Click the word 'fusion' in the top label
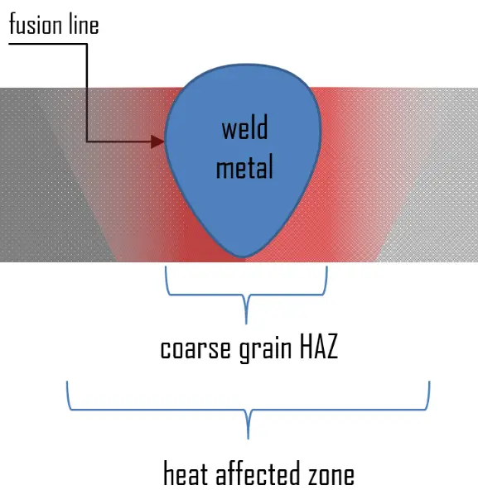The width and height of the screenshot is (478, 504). click(x=36, y=24)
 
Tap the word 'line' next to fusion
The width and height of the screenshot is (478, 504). click(x=84, y=24)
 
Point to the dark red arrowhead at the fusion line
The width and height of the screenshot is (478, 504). click(x=157, y=142)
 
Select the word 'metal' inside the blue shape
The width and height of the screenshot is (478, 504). click(x=244, y=166)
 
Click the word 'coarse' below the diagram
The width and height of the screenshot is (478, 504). click(x=196, y=349)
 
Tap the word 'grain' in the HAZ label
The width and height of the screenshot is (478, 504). click(x=265, y=349)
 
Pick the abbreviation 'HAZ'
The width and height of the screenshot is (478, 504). click(x=319, y=347)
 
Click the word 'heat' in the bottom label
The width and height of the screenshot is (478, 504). click(x=186, y=473)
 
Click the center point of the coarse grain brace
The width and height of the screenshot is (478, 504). click(x=246, y=324)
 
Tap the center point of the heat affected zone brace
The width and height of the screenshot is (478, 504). click(x=248, y=438)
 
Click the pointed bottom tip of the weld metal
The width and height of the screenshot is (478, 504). click(x=242, y=257)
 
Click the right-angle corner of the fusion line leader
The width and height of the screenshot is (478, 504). click(x=87, y=44)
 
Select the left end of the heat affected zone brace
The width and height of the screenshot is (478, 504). click(x=67, y=382)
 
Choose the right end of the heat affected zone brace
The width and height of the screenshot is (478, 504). click(x=429, y=382)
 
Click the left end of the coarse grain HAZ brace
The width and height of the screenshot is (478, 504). click(x=166, y=266)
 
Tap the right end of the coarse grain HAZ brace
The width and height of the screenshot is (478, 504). click(x=327, y=266)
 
